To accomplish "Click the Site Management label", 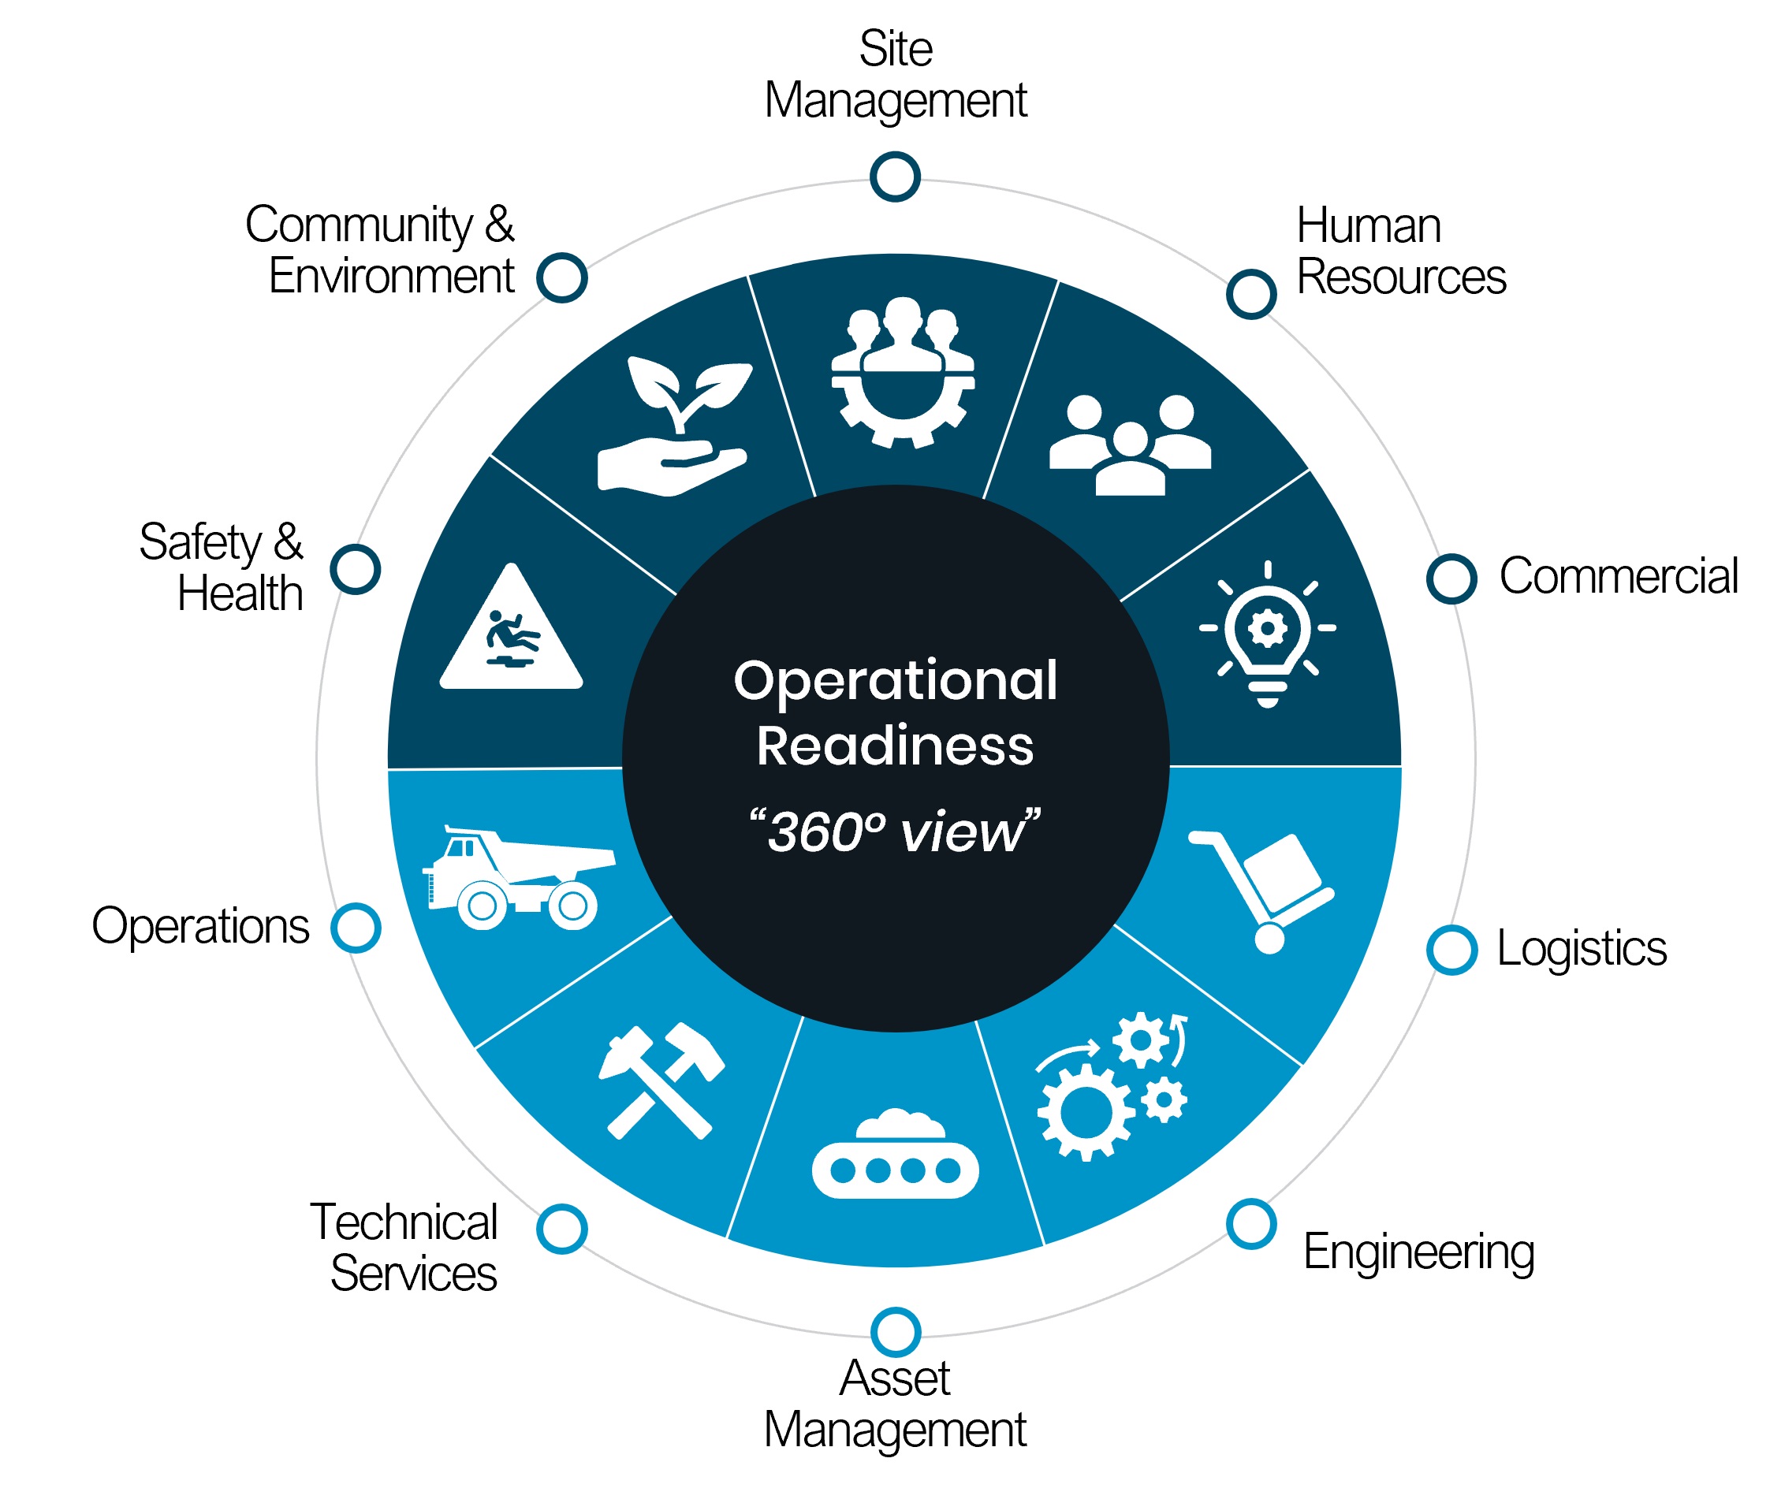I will point(895,74).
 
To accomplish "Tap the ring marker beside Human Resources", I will point(1250,295).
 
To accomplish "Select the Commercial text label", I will point(1617,577).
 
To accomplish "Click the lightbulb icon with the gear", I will point(1267,633).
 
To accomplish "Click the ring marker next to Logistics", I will point(1451,950).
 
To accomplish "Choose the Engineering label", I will point(1418,1252).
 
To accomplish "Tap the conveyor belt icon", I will point(895,1154).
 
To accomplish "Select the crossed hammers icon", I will point(661,1081).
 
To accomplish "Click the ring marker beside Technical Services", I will point(561,1229).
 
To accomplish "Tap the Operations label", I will point(201,927).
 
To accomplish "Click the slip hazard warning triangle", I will point(511,631).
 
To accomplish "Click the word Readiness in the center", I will point(895,746).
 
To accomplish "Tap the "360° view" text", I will point(895,831).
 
